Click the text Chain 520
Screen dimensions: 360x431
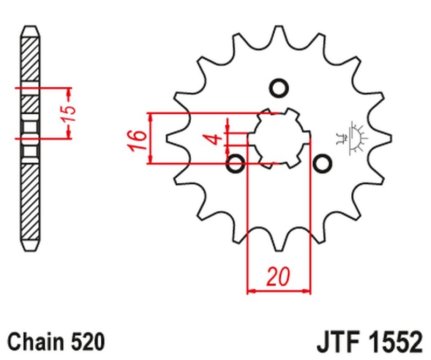click(56, 342)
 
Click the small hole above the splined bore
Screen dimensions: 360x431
click(279, 88)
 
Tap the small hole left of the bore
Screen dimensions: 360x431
click(236, 163)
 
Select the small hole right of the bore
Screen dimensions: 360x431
click(322, 163)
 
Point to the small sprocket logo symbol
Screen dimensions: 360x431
click(356, 137)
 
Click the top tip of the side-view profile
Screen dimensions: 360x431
click(31, 26)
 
